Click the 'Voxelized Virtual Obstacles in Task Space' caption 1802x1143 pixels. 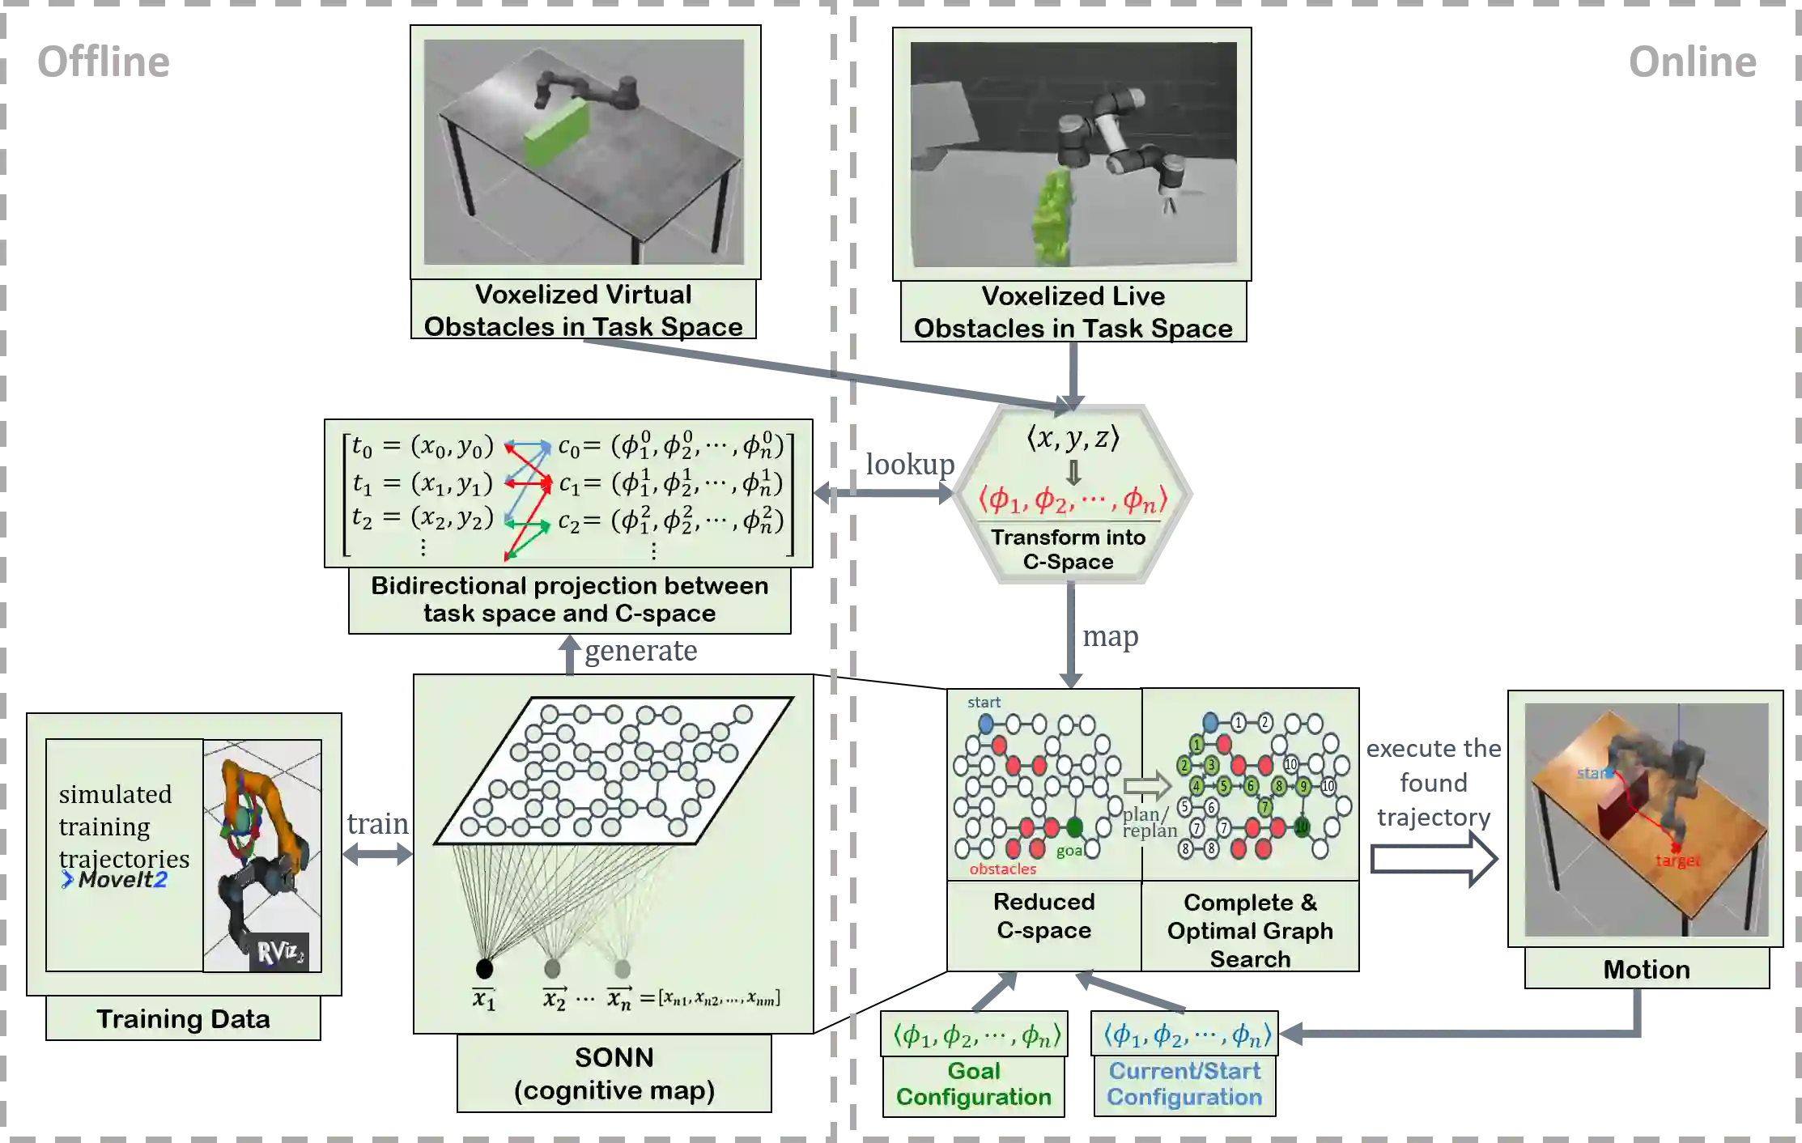(x=583, y=310)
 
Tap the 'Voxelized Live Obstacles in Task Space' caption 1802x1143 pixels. (x=1073, y=312)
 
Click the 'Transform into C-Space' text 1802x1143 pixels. (x=1068, y=549)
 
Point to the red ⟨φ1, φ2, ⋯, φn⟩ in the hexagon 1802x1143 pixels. (x=1073, y=499)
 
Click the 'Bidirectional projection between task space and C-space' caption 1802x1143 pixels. (x=569, y=599)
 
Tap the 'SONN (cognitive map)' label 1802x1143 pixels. (x=614, y=1073)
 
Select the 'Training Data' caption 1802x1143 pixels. (x=183, y=1018)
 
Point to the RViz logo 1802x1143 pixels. (x=279, y=952)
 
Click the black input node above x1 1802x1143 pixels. (x=484, y=968)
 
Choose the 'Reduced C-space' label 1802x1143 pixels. (x=1043, y=916)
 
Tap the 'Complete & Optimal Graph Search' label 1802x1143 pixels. (x=1250, y=930)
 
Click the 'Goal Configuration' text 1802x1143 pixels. (x=973, y=1084)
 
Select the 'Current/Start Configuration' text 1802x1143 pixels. (x=1184, y=1084)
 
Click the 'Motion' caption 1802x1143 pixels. (x=1646, y=969)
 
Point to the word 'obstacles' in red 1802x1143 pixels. (x=1002, y=869)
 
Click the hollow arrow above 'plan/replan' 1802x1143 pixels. (x=1147, y=785)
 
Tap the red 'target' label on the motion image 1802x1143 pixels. (x=1677, y=860)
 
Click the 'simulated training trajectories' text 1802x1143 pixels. (x=124, y=826)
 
